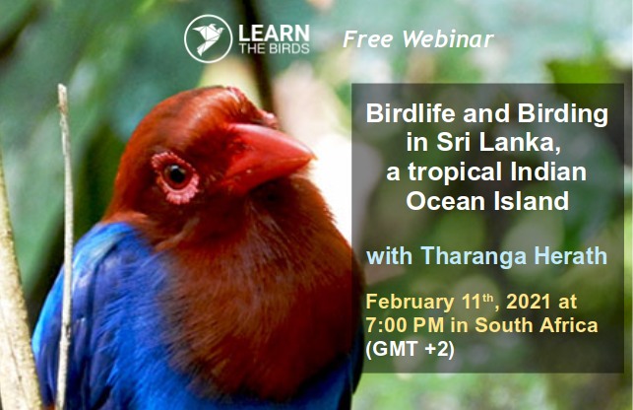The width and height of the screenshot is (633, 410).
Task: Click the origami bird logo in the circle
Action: tap(209, 38)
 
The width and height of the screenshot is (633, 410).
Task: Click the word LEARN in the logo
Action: tap(274, 33)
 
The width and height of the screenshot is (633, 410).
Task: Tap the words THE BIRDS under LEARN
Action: tap(274, 49)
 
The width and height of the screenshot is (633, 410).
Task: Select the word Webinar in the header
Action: tap(448, 39)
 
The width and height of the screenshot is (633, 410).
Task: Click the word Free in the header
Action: tap(368, 39)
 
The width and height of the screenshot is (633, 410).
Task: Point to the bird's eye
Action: tap(176, 175)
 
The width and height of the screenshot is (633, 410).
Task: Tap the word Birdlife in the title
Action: tap(411, 113)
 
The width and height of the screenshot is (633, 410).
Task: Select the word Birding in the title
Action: tap(563, 113)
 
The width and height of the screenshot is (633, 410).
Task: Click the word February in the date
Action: tap(410, 303)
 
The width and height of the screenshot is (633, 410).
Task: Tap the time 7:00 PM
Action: tap(405, 325)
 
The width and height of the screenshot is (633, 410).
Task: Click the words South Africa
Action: tap(537, 325)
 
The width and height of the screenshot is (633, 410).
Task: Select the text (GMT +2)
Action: tap(411, 349)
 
